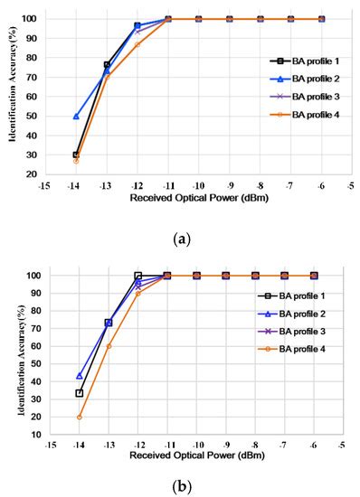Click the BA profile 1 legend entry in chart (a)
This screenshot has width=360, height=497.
(x=292, y=61)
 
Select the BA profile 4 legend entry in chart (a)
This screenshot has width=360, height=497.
(x=292, y=113)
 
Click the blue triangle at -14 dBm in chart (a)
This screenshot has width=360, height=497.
(x=76, y=117)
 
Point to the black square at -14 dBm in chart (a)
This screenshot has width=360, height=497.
(x=76, y=155)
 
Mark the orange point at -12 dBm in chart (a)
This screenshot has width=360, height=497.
(x=137, y=44)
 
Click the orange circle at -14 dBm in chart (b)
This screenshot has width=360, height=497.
(x=79, y=417)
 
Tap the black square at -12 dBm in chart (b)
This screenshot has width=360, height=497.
(x=137, y=276)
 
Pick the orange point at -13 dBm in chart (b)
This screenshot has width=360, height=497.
(x=109, y=346)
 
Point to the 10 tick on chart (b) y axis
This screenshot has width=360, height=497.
(x=33, y=435)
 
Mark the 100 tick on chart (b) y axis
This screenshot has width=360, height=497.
(x=32, y=276)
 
